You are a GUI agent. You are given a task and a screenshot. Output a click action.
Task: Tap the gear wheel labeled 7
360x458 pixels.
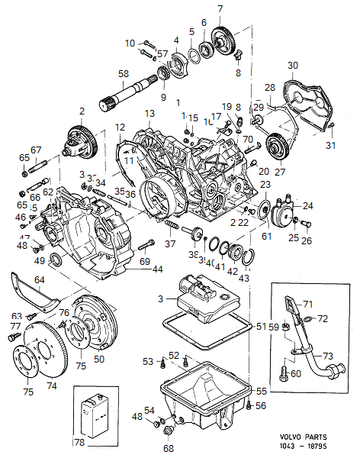[x=223, y=37]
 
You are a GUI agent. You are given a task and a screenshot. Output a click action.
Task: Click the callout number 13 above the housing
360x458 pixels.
[x=148, y=113]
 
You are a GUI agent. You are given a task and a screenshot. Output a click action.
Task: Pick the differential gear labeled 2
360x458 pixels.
[x=80, y=141]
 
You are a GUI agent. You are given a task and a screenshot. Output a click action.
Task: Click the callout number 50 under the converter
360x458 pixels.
[x=99, y=358]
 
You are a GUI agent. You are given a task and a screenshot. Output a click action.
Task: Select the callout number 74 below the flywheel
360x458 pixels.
[x=52, y=386]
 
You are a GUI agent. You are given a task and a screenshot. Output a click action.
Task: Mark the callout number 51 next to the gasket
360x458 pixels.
[x=260, y=326]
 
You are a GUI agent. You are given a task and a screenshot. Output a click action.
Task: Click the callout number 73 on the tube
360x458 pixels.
[x=327, y=356]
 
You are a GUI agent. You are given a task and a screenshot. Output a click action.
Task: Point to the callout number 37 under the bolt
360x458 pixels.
[x=170, y=244]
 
